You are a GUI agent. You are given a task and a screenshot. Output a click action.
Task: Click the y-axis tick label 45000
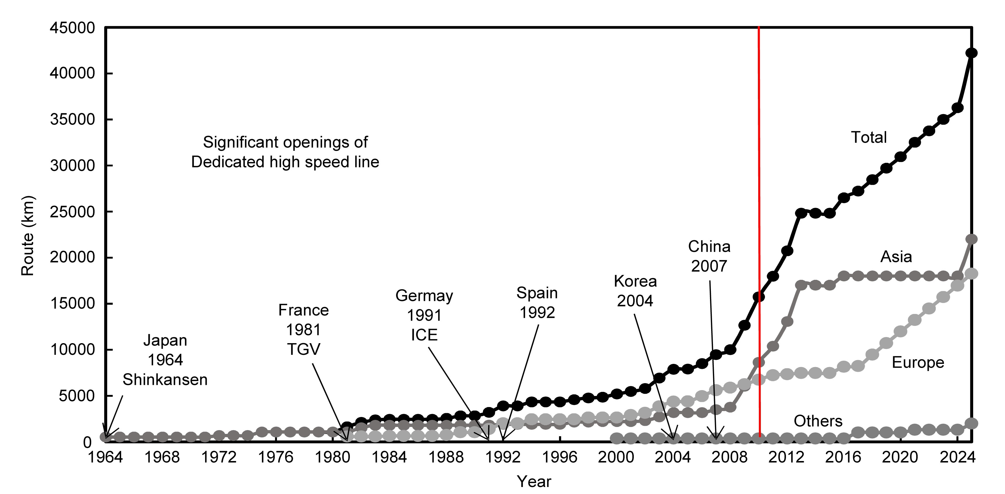click(x=72, y=28)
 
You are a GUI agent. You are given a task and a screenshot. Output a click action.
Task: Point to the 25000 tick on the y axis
click(x=72, y=212)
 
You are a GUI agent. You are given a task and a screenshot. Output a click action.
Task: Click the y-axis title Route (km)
click(x=28, y=236)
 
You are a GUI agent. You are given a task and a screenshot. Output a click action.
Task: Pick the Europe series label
click(x=918, y=363)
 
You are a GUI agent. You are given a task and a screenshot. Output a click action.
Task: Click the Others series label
click(x=818, y=421)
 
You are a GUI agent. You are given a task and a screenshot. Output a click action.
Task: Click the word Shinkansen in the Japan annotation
click(x=165, y=380)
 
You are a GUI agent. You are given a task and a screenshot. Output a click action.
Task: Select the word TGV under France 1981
click(x=303, y=349)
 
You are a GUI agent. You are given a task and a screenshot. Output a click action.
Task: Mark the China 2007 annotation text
click(x=709, y=256)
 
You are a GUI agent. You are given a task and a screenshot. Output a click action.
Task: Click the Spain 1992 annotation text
click(x=537, y=303)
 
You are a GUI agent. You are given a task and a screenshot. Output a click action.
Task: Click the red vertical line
click(x=759, y=195)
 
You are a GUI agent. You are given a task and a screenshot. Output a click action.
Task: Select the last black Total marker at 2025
click(x=971, y=53)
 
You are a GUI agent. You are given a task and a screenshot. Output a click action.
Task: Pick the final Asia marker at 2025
click(x=971, y=239)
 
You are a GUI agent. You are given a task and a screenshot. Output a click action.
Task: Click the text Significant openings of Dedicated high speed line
click(x=285, y=152)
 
